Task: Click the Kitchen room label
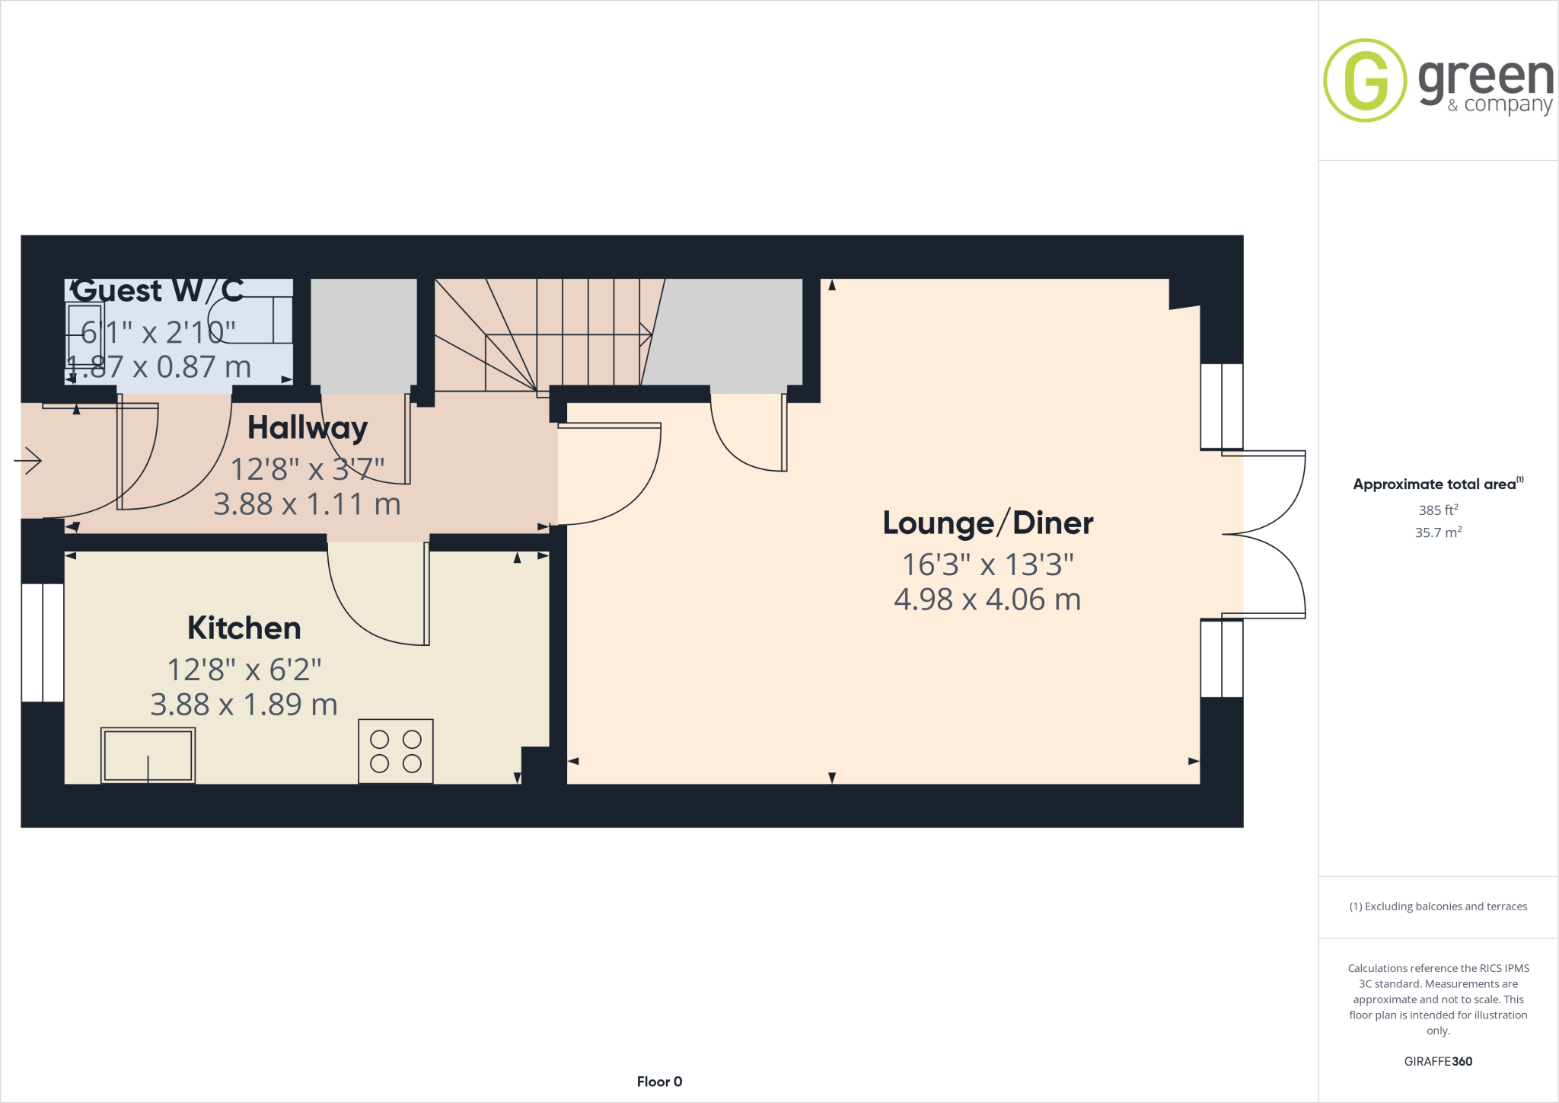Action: (244, 628)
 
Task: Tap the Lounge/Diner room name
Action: (987, 523)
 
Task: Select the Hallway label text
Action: (308, 428)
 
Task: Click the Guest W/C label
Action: (158, 290)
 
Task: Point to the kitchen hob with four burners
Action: (396, 751)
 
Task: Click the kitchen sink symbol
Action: (148, 755)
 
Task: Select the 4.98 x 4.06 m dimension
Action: (987, 599)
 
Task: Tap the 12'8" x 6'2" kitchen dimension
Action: (244, 670)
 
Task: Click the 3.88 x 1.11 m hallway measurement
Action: (307, 504)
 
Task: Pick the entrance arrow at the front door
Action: (28, 460)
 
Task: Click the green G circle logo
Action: (1365, 80)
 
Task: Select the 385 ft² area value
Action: (1437, 510)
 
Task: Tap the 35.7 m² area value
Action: (1437, 532)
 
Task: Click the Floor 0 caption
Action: (659, 1082)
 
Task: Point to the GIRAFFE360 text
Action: (1438, 1061)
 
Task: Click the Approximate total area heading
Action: (1435, 484)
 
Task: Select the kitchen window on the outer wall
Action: (43, 642)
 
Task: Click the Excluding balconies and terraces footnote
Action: (1438, 906)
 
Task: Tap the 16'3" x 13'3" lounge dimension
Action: (987, 564)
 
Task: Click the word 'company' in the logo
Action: (1508, 105)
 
